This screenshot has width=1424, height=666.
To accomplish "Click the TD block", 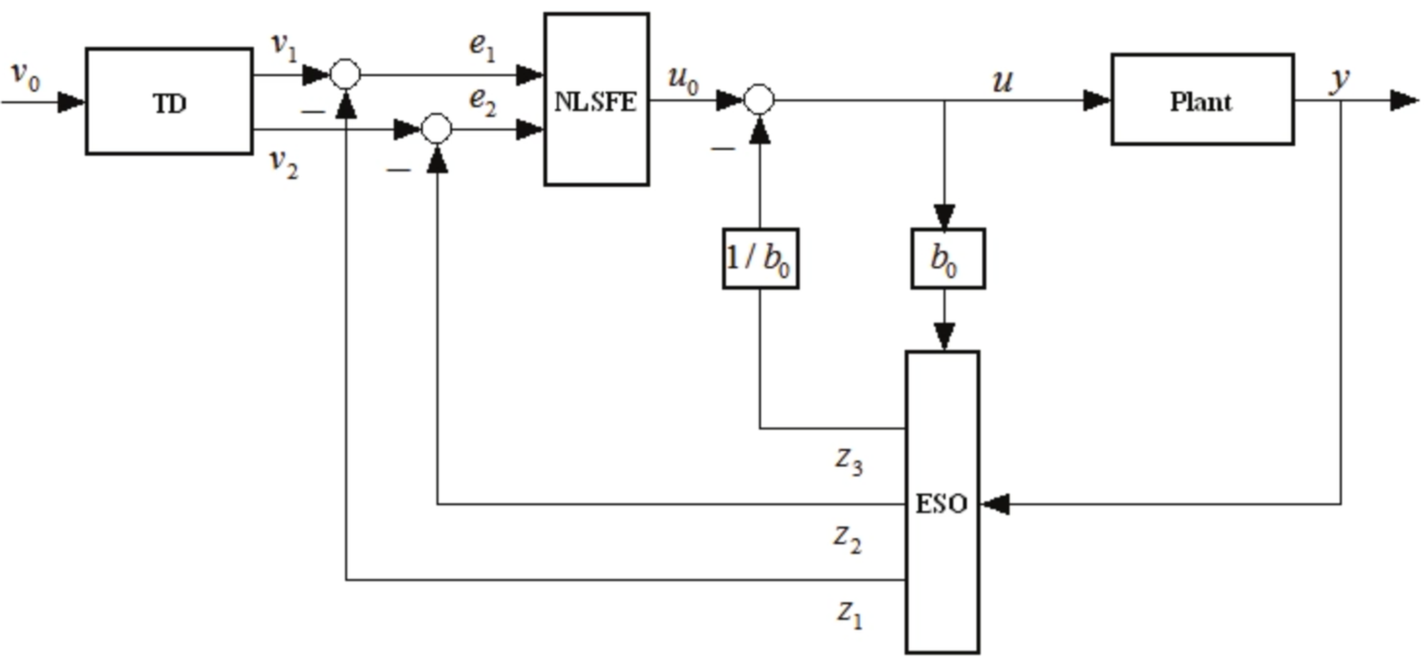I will coord(169,101).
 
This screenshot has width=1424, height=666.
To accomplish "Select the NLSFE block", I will coord(596,100).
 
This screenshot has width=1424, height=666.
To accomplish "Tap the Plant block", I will coord(1202,100).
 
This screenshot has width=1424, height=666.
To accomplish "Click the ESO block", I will coord(942,502).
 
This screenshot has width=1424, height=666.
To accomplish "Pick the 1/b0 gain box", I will coord(760,258).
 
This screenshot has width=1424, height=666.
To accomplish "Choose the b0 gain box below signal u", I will coord(948,258).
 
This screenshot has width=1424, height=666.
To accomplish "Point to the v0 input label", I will coord(26,75).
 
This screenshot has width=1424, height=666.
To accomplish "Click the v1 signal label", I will coord(284,47).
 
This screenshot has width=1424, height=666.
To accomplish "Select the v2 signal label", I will coord(283,164).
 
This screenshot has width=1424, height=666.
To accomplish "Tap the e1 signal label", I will coord(481,46).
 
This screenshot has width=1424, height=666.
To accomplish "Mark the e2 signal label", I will coord(482,102).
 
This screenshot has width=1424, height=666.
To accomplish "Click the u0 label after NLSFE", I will coord(683,79).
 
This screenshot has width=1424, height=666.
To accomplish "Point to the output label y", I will coord(1339,79).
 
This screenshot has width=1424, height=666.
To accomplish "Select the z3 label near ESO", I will coord(848,461).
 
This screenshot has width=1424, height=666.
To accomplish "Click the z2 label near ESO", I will coord(847,538).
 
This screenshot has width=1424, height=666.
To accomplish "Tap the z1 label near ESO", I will coord(849,613).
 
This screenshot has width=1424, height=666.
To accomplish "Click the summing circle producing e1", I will coord(345,74).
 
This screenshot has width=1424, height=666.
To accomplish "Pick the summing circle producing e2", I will coord(436,129).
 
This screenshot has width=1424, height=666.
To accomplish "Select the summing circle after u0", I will coord(759,100).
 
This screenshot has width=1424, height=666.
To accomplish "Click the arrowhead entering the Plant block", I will coord(1096,100).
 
